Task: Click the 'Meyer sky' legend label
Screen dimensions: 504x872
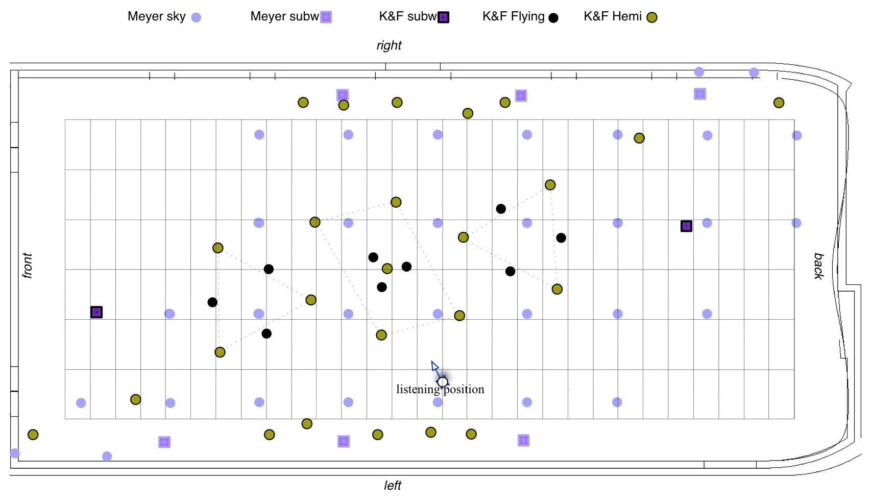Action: pos(156,16)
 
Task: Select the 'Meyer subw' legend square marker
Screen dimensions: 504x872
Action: pos(326,17)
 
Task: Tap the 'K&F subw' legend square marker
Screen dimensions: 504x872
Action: pos(444,17)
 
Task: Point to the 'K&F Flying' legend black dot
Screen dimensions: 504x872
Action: pos(553,18)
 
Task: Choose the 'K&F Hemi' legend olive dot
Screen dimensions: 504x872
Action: pos(652,18)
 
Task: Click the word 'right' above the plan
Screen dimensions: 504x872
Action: pos(389,45)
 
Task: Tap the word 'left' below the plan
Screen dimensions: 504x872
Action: pos(393,486)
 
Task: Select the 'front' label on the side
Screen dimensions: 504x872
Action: pos(28,266)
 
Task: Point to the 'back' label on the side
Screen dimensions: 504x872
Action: pos(818,266)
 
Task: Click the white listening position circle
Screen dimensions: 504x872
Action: pos(443,382)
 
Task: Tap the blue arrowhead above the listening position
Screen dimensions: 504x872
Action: pos(434,366)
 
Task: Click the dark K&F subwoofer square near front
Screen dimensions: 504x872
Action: pos(96,312)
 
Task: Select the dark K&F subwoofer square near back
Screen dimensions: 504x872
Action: pos(687,226)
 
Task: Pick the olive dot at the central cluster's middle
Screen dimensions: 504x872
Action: pos(387,269)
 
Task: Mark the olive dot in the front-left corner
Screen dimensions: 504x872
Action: pos(33,435)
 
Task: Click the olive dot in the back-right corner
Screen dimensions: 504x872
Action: pos(779,103)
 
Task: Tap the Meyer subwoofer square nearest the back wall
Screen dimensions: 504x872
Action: pos(700,94)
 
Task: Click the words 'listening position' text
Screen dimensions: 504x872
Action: pos(440,390)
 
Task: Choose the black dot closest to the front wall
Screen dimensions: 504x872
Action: pos(212,302)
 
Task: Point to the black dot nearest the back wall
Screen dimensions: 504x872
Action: pos(561,238)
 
